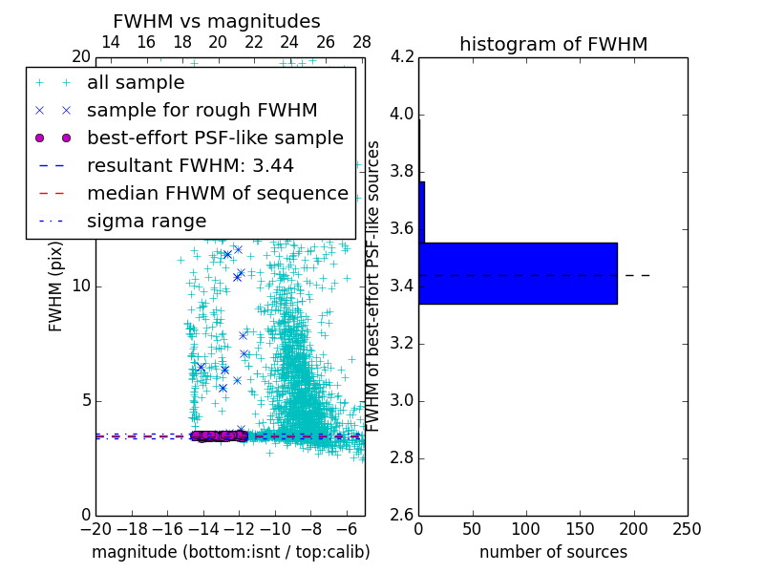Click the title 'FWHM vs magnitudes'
217,22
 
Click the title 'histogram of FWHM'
553,44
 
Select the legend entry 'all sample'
136,83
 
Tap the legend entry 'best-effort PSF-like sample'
215,138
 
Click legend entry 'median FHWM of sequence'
217,193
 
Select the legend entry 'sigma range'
146,221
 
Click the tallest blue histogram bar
518,273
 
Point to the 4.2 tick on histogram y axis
402,57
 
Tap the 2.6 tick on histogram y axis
402,515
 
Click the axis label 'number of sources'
553,552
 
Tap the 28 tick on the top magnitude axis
362,42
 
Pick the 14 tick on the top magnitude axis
111,42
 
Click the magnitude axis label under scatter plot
230,552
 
